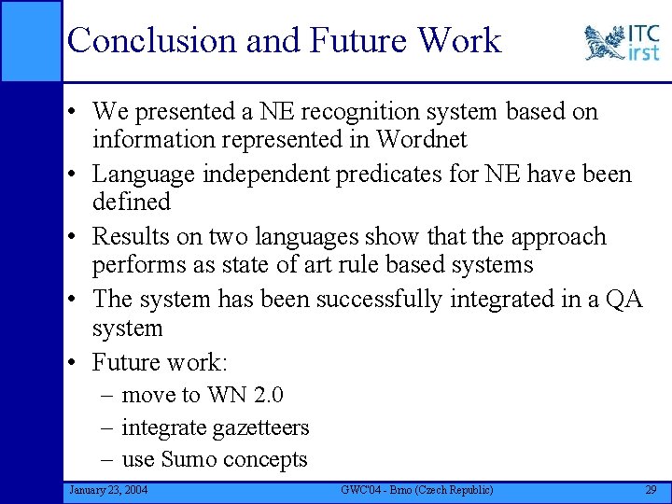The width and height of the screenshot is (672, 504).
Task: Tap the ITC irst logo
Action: click(x=622, y=43)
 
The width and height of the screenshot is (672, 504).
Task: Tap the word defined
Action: click(x=131, y=202)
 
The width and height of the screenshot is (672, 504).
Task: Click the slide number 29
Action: click(x=650, y=490)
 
